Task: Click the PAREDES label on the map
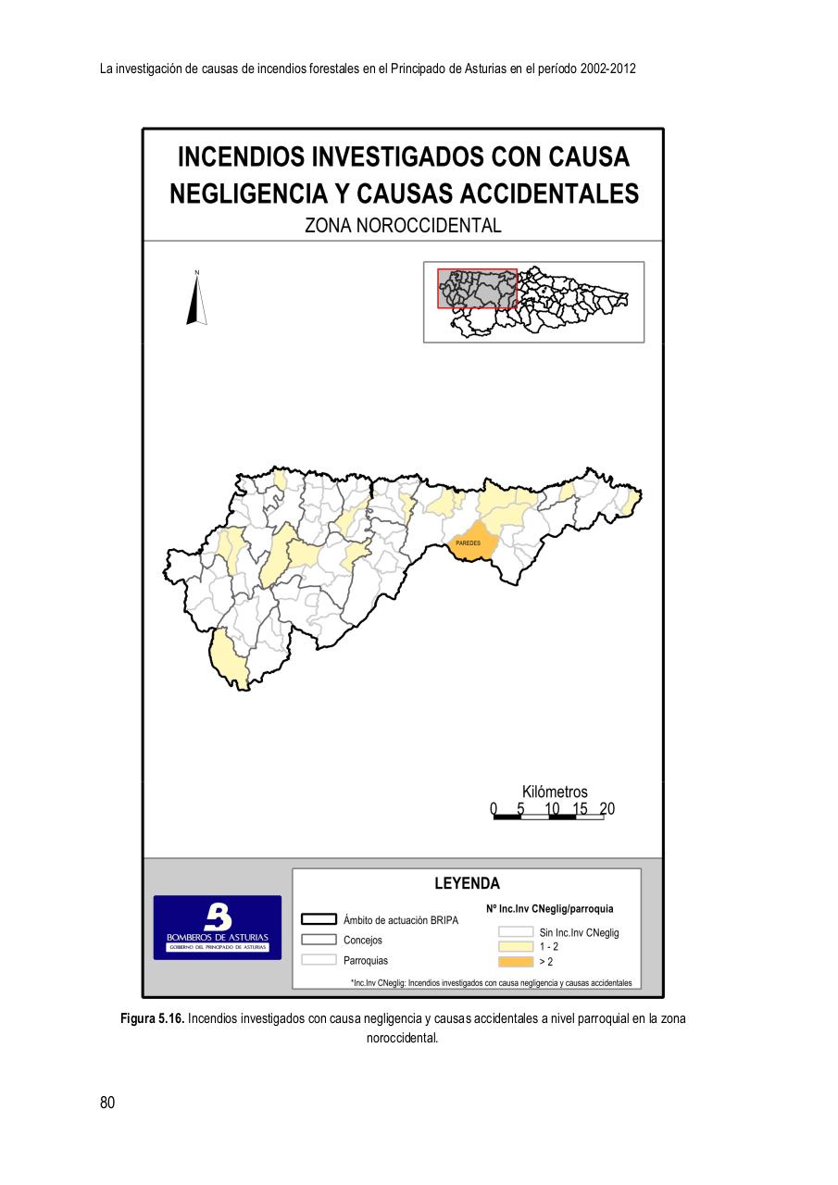tap(468, 543)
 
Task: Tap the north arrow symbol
tap(196, 299)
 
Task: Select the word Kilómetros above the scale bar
tap(555, 792)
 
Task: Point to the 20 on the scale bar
tap(607, 809)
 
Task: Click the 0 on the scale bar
tap(494, 809)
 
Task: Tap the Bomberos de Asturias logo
tap(218, 927)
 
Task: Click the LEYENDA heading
tap(467, 883)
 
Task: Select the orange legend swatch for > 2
tap(516, 961)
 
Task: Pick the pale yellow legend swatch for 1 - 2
tap(516, 947)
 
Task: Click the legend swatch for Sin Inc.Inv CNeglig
tap(516, 932)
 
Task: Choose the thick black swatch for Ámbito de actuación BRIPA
tap(319, 919)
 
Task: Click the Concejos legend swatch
tap(319, 940)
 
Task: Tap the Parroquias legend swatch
tap(319, 960)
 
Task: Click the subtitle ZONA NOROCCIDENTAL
tap(403, 226)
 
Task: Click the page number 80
tap(107, 1103)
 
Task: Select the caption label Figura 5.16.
tap(153, 1018)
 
